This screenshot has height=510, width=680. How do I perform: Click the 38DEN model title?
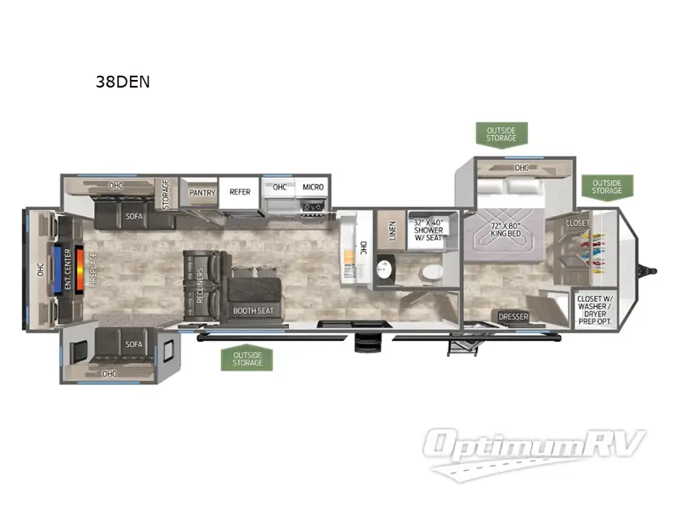click(x=124, y=82)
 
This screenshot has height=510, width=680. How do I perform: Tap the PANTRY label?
click(x=201, y=192)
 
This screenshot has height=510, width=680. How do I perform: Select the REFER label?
click(x=240, y=192)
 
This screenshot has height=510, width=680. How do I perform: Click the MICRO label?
click(x=312, y=187)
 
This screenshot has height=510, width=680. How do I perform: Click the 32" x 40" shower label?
click(x=430, y=229)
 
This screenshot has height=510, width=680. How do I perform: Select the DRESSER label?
click(x=513, y=317)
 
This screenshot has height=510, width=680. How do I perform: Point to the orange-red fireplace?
click(x=80, y=269)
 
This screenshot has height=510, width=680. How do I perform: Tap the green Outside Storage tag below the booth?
click(x=246, y=358)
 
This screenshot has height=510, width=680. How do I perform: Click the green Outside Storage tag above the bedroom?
click(x=501, y=133)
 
